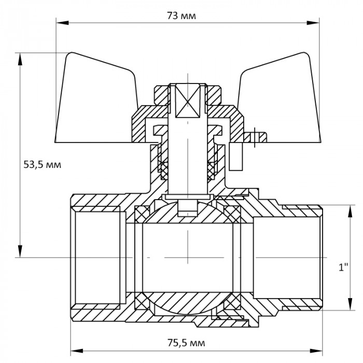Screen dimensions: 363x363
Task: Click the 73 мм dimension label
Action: point(181,15)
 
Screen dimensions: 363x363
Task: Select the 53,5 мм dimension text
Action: point(43,165)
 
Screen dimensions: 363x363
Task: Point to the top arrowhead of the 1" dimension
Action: point(346,210)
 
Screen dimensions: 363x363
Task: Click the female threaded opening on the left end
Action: point(99,257)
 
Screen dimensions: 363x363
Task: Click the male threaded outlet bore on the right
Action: point(288,257)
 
